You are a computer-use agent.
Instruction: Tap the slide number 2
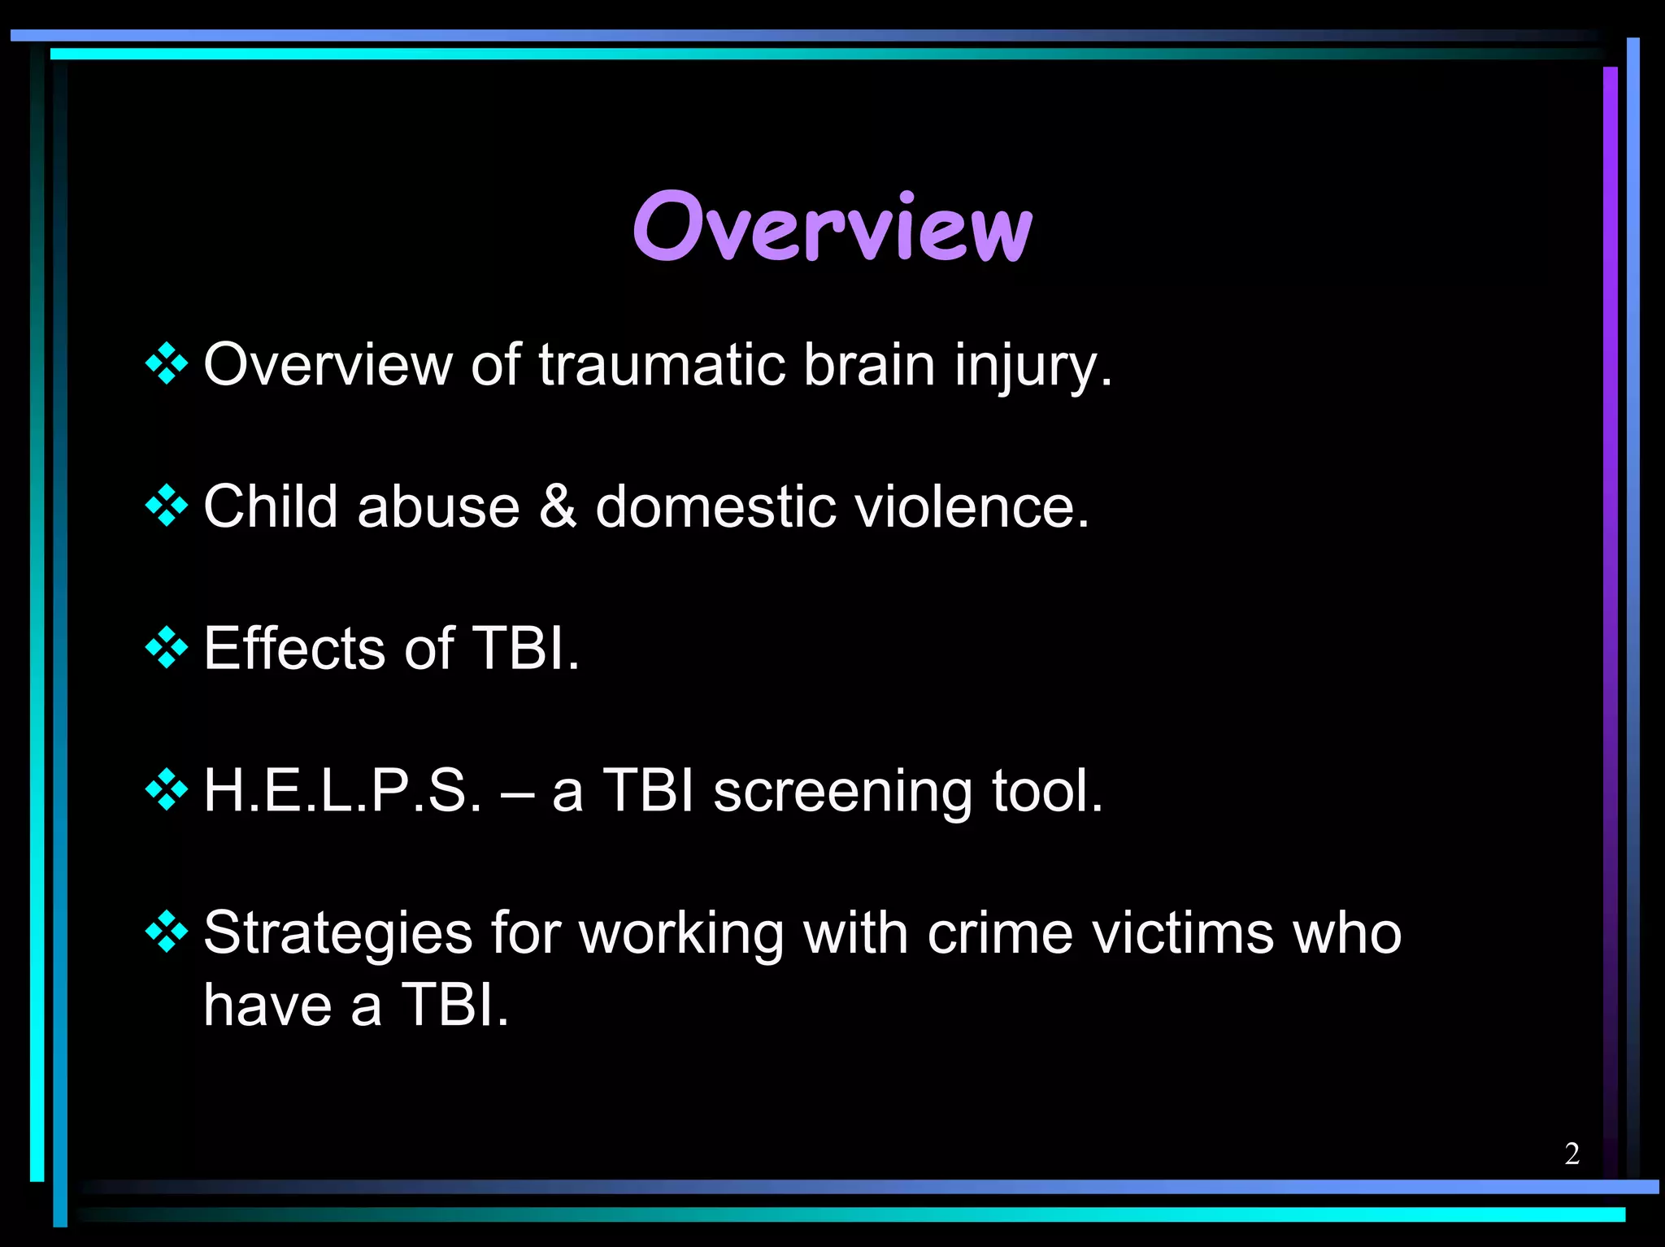[1572, 1154]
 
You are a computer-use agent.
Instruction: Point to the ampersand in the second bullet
[558, 506]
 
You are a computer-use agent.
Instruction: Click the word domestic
[715, 506]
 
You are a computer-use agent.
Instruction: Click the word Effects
[294, 648]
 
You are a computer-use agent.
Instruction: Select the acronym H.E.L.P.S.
[342, 790]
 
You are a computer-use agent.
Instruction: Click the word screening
[842, 792]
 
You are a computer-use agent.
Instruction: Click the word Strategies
[337, 933]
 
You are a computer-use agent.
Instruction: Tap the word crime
[999, 932]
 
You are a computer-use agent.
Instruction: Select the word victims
[1183, 932]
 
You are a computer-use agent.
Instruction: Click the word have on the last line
[267, 1005]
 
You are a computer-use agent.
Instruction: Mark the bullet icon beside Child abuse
[167, 506]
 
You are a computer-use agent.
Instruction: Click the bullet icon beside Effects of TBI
[167, 648]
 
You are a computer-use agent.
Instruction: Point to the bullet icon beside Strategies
[167, 932]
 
